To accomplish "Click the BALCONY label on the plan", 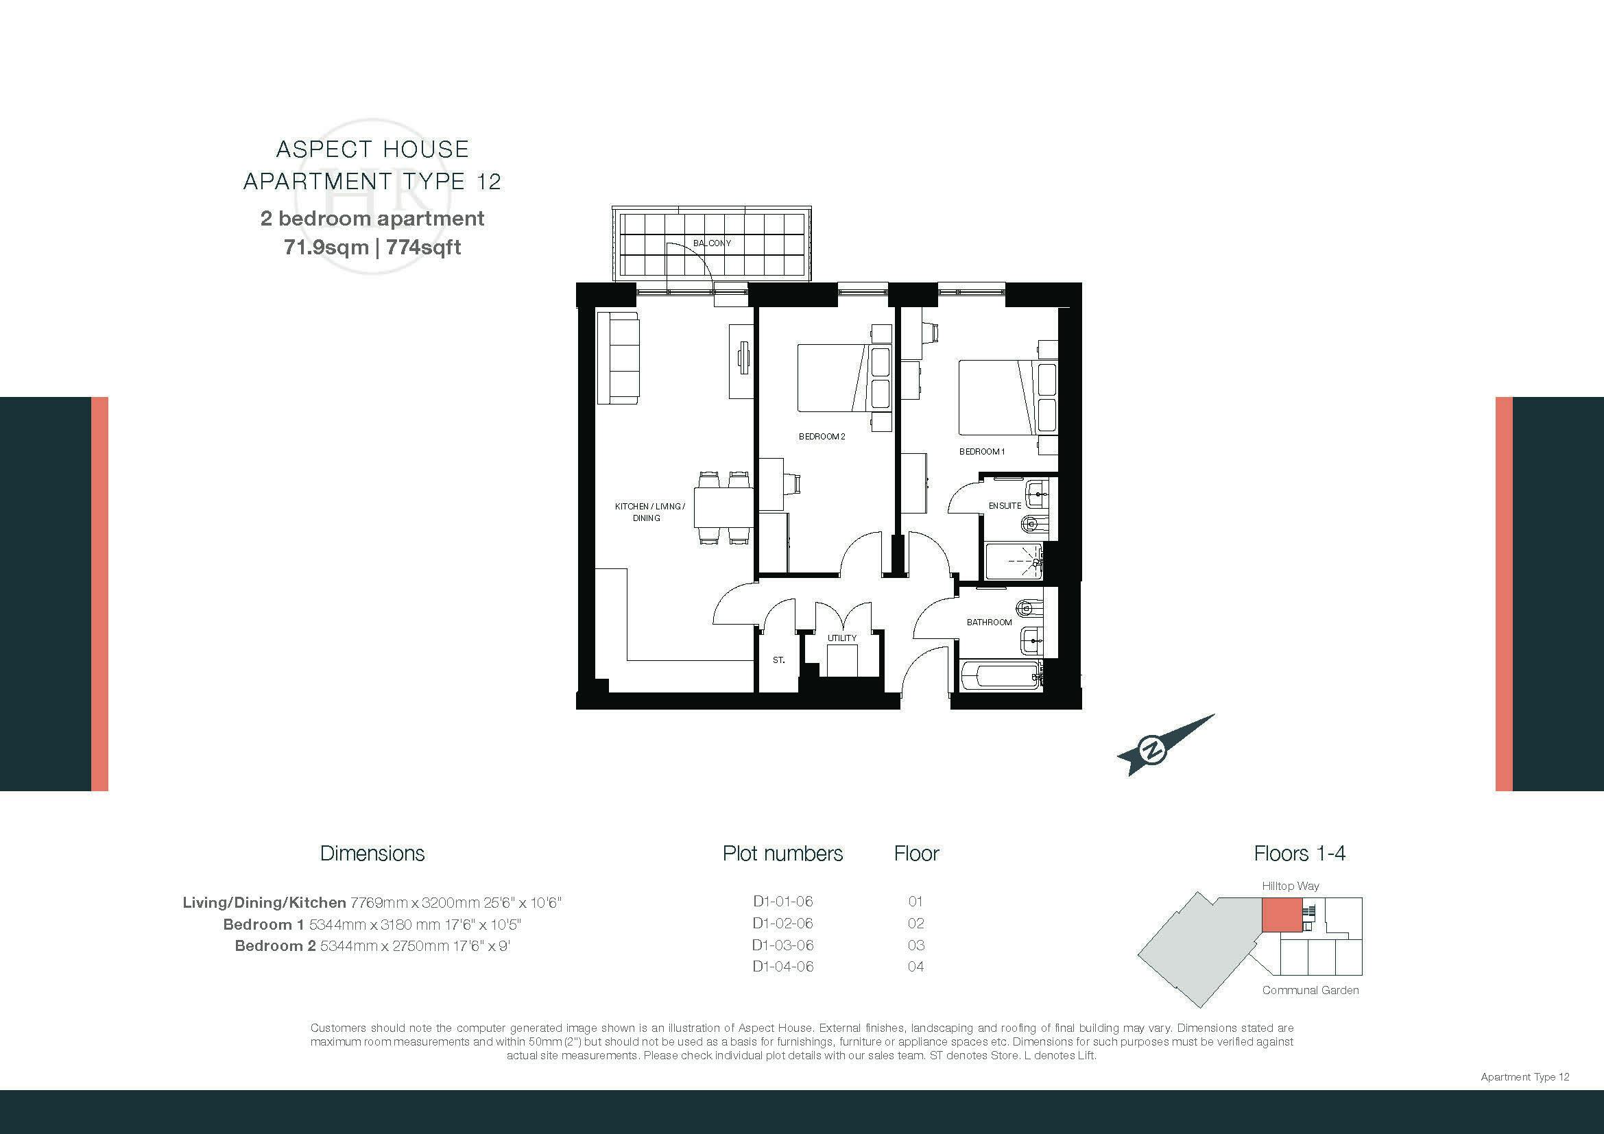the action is coord(712,243).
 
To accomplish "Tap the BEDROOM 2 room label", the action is coord(822,437).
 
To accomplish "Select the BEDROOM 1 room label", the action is coord(981,451).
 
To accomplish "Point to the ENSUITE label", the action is coord(1005,505).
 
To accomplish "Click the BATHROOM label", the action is coord(989,622).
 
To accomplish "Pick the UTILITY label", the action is coord(842,638).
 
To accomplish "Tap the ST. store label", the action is coord(778,660).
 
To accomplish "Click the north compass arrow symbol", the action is coord(1165,745).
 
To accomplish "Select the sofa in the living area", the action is coord(618,357).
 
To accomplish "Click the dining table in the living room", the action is coord(723,507).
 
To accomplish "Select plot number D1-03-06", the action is coord(782,945).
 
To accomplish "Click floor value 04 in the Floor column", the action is coord(916,967).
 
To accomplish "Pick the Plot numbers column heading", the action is coord(782,854).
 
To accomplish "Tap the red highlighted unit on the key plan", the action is coord(1281,915).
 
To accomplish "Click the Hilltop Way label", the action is coord(1291,886).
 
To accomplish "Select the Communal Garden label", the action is coord(1310,990).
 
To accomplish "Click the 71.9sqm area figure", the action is coord(326,248).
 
